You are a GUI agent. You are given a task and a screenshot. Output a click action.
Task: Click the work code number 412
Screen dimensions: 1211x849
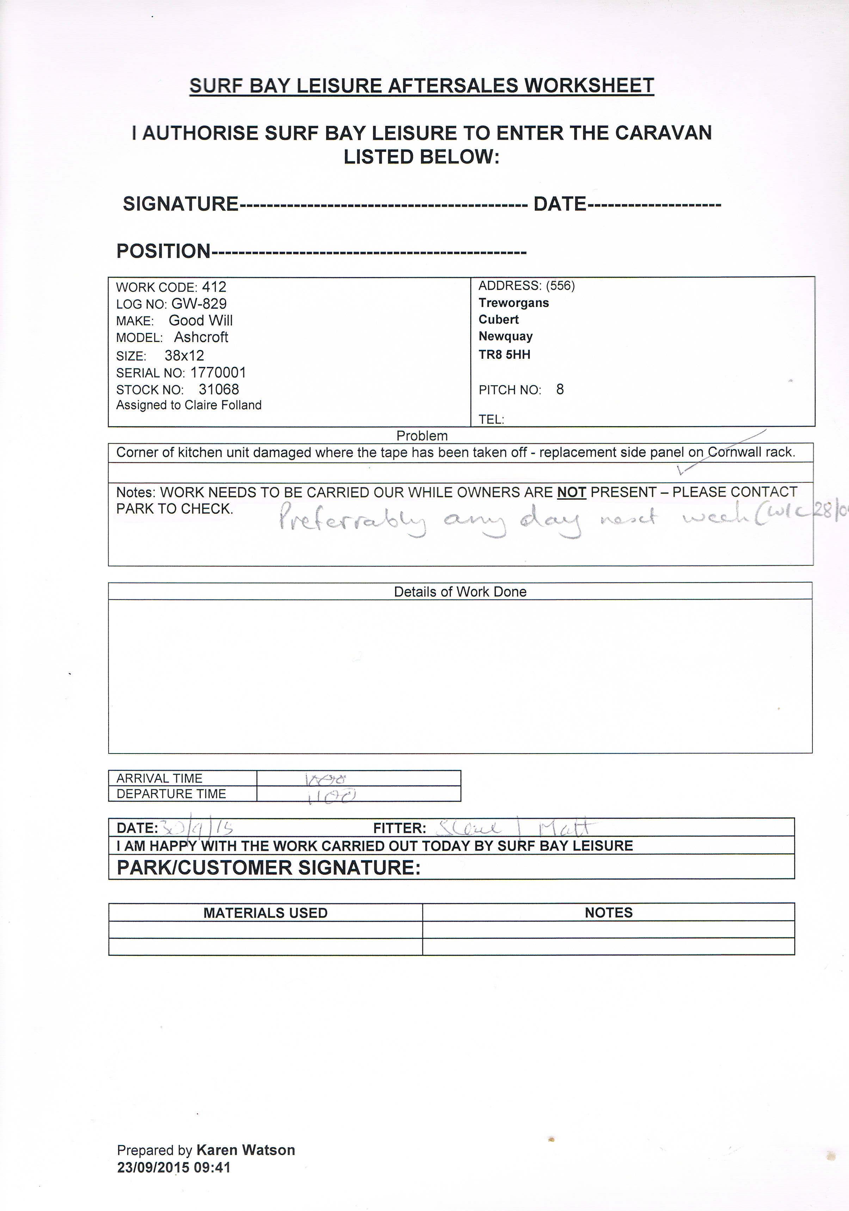(x=214, y=288)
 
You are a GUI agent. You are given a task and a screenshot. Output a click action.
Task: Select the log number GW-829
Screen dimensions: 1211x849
(x=199, y=304)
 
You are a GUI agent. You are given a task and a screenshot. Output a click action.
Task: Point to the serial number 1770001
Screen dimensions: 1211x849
(x=218, y=373)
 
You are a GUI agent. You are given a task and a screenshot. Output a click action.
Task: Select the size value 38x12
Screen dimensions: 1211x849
(x=184, y=356)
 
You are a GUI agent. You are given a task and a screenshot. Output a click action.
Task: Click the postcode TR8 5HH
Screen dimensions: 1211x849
(x=504, y=355)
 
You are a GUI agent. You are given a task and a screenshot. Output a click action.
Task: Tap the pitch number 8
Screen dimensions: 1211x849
(x=560, y=390)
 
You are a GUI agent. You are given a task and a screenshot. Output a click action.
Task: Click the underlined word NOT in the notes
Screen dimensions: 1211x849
(x=572, y=492)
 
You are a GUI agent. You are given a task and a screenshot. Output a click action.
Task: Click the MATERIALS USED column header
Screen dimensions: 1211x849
(x=265, y=913)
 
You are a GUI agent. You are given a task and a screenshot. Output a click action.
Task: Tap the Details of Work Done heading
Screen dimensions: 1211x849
(x=460, y=592)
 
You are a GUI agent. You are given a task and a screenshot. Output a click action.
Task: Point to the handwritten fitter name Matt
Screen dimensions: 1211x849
(x=565, y=828)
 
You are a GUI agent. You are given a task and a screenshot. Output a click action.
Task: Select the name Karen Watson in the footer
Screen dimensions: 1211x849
(x=245, y=1150)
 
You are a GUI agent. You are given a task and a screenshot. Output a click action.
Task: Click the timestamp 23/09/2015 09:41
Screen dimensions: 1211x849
(x=174, y=1168)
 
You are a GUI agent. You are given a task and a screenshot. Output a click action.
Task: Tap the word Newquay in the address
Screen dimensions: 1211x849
(x=505, y=337)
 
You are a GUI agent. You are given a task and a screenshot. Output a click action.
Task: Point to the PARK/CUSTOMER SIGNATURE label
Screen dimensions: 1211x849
(x=269, y=868)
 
